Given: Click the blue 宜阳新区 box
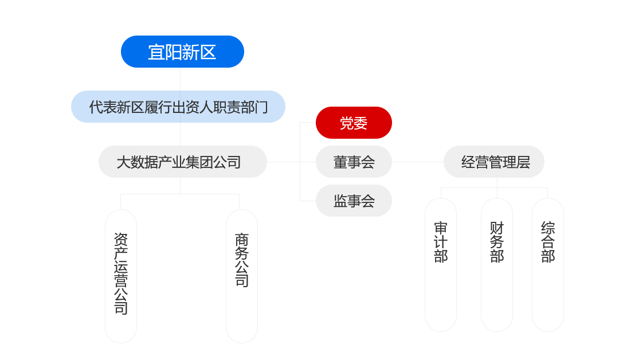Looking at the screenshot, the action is coord(182,52).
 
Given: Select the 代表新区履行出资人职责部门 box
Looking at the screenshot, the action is coord(178,107).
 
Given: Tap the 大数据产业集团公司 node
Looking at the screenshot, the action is coord(183,162).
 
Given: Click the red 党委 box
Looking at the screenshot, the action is coord(354,123).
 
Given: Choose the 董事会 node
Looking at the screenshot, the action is coord(354,162).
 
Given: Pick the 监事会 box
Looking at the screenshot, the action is coord(354,201).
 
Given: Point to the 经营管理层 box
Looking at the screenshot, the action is coord(494,162).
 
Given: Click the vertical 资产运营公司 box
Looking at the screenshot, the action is coord(121,276).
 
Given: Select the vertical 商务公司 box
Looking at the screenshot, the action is coord(242,276).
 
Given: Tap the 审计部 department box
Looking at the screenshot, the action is coord(441,265).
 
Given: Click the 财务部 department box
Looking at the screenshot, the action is coord(496,265).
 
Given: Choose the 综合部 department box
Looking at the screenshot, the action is coord(548,265).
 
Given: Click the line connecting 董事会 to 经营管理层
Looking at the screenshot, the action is coord(418,162).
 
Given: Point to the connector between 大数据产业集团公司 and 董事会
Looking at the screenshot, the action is coord(291,162).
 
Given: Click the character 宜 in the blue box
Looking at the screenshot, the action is coord(155,52).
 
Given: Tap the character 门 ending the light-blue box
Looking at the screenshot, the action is coord(261,107).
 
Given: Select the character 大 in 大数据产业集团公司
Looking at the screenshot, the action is coord(124,162).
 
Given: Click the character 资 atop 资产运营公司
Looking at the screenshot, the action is coord(121,239).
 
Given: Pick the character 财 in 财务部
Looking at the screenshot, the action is coord(497,228).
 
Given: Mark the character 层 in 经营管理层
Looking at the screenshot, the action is coord(523,162).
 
